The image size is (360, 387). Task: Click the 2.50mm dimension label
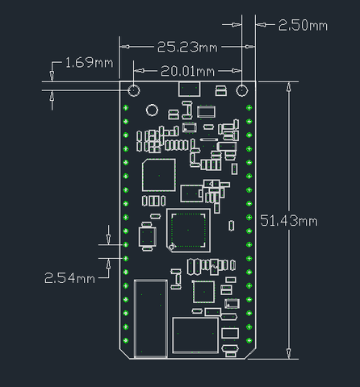click(303, 26)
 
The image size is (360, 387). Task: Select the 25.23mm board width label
click(187, 47)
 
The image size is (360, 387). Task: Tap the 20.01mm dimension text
click(187, 71)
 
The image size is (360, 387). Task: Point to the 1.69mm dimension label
click(89, 63)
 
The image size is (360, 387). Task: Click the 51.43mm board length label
click(289, 221)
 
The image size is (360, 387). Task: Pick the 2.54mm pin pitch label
click(69, 278)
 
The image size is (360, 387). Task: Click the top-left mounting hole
click(134, 90)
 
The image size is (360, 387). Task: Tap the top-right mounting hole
click(242, 90)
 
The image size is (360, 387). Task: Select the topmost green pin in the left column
click(126, 108)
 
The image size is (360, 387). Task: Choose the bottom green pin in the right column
click(249, 340)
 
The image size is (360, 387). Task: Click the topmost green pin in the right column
click(249, 108)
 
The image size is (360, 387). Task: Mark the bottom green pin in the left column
click(126, 340)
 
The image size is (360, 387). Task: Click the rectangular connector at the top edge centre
click(189, 89)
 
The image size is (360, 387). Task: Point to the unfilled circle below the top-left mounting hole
click(152, 110)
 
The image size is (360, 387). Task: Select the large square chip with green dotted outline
click(188, 231)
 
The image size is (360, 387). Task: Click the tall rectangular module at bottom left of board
click(151, 318)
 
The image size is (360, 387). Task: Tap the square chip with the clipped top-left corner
click(159, 175)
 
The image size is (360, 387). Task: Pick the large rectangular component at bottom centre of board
click(195, 335)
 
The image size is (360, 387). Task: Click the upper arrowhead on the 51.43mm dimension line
click(289, 87)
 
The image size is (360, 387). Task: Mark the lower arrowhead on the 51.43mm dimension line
click(289, 353)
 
